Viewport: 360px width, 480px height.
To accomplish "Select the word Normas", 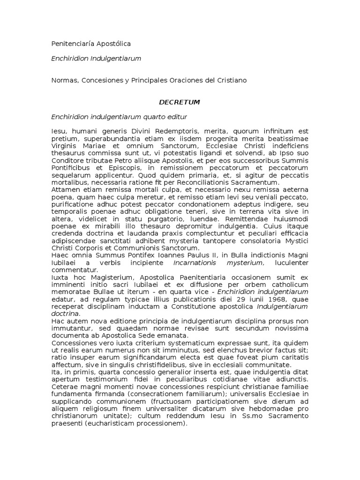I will [64, 80].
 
